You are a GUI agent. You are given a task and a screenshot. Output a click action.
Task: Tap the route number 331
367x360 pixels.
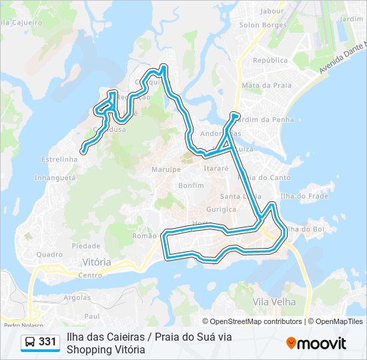click(x=48, y=342)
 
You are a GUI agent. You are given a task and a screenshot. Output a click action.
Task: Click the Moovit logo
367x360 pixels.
click(x=316, y=343)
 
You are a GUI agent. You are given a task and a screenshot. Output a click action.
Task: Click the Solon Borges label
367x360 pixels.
click(x=263, y=25)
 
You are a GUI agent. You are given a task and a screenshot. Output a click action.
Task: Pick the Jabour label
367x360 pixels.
click(x=272, y=11)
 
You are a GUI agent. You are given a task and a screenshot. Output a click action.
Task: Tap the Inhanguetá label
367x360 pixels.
click(x=55, y=178)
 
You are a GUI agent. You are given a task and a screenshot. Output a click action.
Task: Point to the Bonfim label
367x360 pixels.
click(x=191, y=185)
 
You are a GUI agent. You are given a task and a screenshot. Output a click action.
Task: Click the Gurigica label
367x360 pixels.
click(x=203, y=209)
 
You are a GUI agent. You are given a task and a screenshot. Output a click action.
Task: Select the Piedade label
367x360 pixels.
click(x=86, y=245)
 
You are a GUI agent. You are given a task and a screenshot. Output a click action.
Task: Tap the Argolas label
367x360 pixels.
click(x=77, y=297)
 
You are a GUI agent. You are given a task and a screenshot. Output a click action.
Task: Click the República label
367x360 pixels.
click(x=270, y=60)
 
